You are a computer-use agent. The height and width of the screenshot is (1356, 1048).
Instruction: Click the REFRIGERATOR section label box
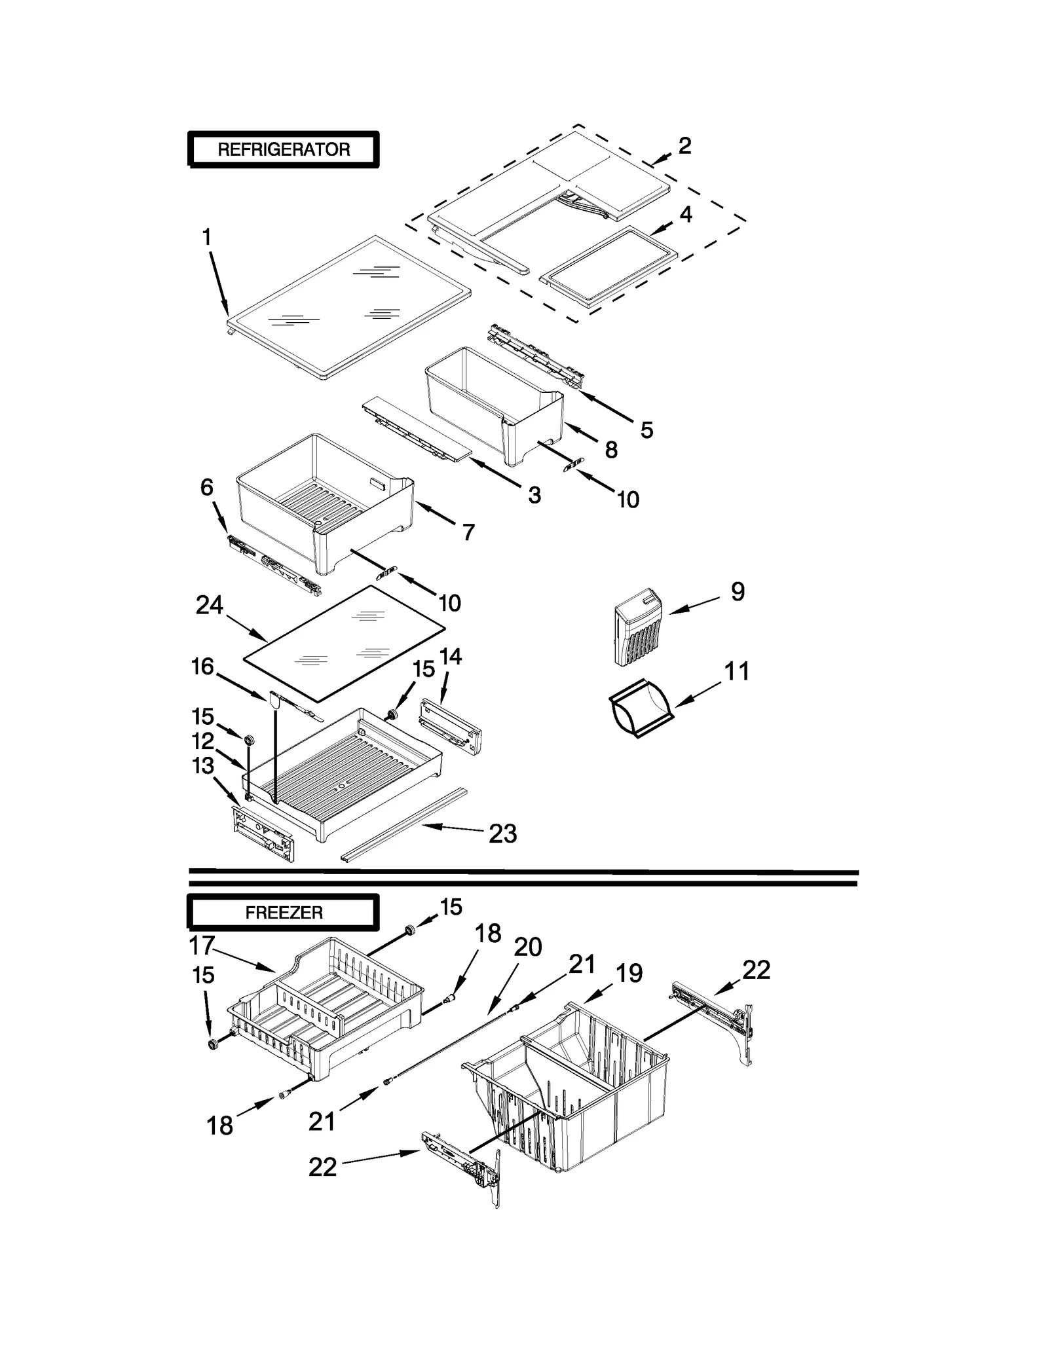(x=283, y=149)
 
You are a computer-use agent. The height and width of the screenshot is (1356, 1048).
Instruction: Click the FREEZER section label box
(x=283, y=912)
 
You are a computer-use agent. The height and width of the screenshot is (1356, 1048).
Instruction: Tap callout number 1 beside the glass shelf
(x=207, y=237)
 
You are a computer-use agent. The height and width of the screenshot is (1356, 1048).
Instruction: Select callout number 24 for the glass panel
(x=209, y=606)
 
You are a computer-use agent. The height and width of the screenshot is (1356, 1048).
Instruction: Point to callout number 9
(x=738, y=592)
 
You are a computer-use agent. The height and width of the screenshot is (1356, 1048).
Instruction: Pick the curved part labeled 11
(x=641, y=708)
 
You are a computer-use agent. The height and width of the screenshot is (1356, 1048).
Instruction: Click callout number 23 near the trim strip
(x=503, y=834)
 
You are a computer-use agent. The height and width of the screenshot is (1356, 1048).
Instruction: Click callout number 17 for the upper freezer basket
(x=202, y=945)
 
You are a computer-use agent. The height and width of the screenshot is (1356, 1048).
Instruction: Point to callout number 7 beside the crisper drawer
(x=468, y=532)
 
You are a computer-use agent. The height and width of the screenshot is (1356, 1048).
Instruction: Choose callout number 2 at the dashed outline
(x=684, y=145)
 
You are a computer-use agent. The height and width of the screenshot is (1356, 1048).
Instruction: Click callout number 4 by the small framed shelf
(x=686, y=214)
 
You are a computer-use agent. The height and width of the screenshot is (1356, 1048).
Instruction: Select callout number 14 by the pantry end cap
(x=451, y=656)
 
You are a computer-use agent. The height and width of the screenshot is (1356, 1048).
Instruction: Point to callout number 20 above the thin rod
(x=528, y=947)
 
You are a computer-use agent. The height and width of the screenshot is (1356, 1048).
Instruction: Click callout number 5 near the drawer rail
(x=646, y=430)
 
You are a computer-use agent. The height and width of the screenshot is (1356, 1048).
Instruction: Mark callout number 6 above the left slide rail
(x=207, y=487)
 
